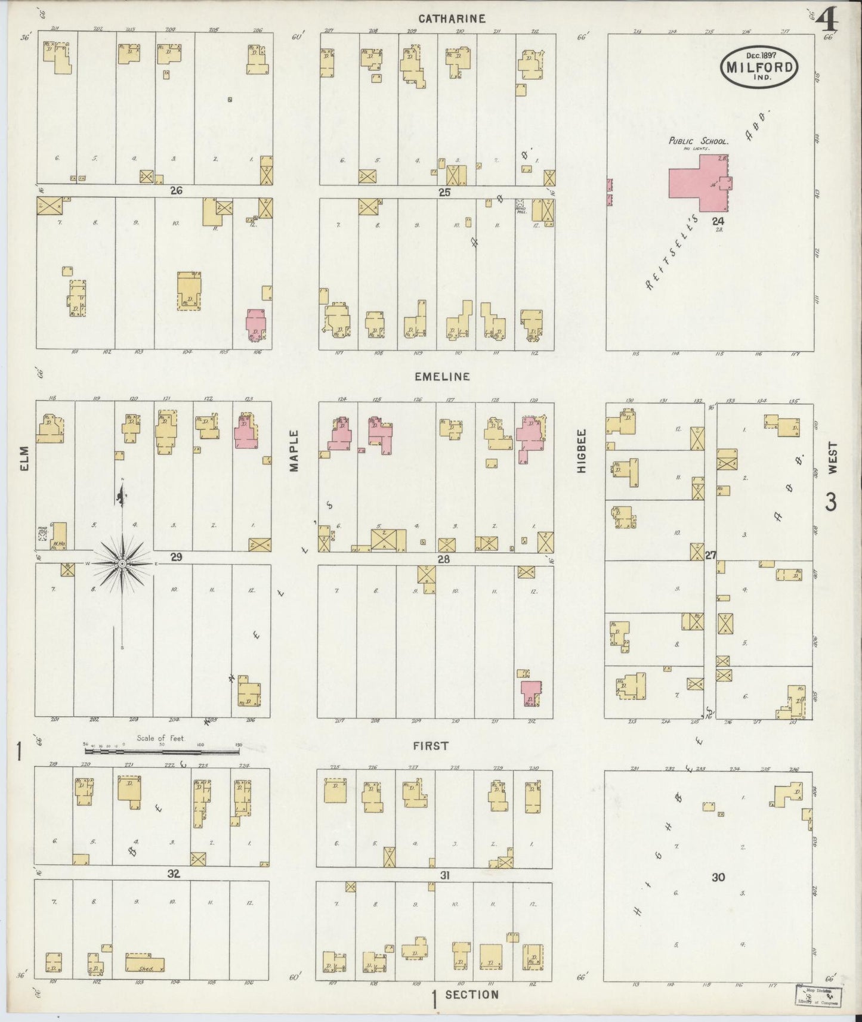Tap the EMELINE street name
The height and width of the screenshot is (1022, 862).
443,377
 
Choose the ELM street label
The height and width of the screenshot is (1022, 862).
24,459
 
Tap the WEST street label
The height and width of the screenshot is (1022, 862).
833,458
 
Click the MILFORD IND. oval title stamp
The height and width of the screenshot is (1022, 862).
760,67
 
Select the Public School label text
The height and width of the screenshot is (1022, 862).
698,141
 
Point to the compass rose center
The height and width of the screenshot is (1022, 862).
122,563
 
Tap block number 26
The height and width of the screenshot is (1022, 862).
175,191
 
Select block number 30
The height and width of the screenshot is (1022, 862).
718,877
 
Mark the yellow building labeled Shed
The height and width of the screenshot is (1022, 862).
144,964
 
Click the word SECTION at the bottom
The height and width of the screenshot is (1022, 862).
471,995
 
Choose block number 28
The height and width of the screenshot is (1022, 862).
443,559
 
